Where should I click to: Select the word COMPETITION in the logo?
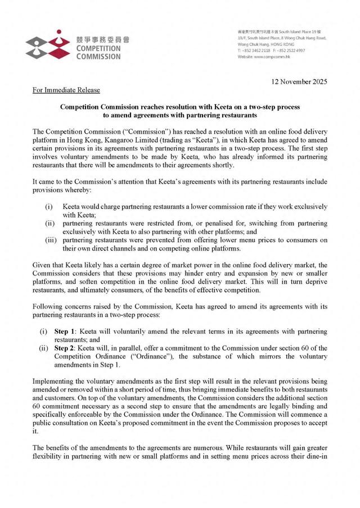pos(93,49)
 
